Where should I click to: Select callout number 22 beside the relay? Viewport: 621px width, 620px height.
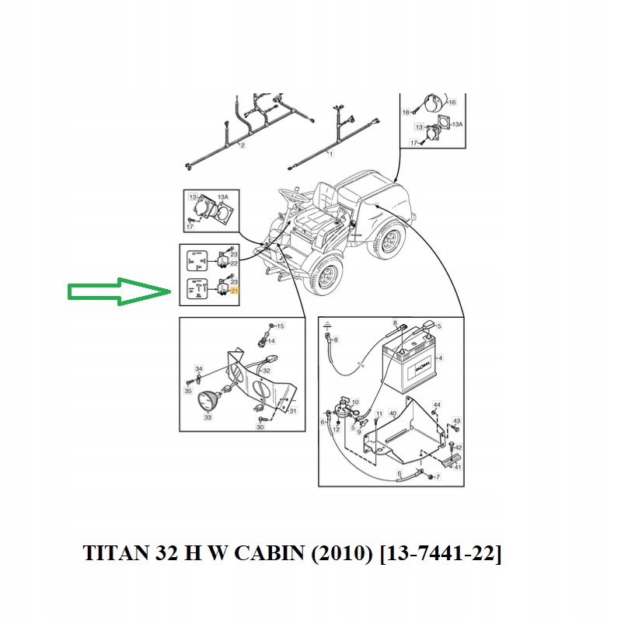[234, 263]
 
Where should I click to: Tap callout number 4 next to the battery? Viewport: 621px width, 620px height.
[439, 358]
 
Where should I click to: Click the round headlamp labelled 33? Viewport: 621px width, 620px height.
[207, 401]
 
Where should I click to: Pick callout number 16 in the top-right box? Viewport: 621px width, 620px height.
[452, 102]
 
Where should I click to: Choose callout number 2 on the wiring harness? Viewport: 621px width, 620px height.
[242, 145]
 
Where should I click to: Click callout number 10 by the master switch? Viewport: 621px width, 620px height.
[355, 402]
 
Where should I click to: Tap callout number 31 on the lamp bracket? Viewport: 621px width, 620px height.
[293, 411]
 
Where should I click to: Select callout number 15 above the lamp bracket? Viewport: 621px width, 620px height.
[281, 326]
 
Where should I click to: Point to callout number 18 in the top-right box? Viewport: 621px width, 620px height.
[405, 113]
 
